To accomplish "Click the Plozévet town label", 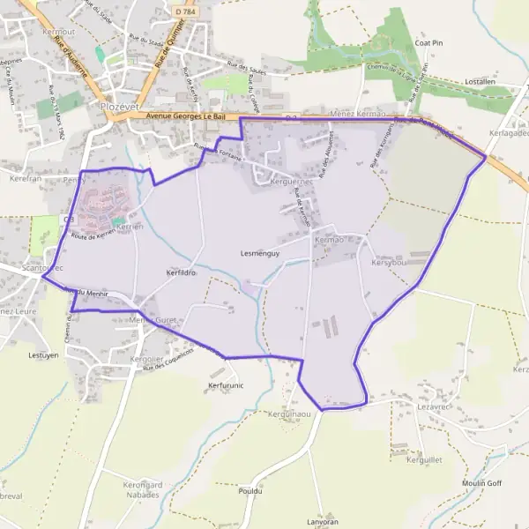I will (122, 106).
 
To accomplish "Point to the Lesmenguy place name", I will (259, 253).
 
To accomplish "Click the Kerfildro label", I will (180, 273).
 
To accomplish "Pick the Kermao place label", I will (328, 240).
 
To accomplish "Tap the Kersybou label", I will (388, 263).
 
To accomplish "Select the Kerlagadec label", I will (505, 132).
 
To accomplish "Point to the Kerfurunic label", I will (226, 385).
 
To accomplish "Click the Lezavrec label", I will (435, 406).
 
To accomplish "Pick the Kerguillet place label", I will (424, 459).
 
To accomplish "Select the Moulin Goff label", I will (481, 483).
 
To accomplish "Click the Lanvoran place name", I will (322, 522).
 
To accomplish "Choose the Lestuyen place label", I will (43, 355).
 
